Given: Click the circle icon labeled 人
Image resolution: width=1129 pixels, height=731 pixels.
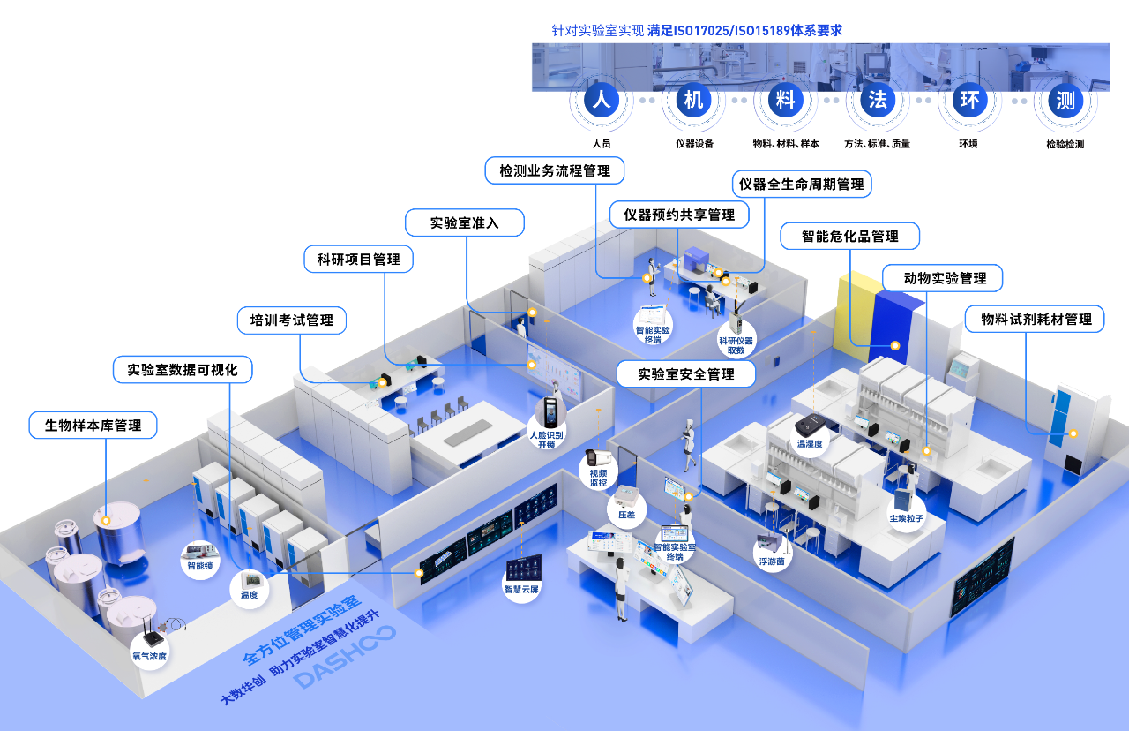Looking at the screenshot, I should click(602, 100).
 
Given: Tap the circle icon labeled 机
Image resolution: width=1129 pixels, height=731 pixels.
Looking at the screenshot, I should click(694, 100).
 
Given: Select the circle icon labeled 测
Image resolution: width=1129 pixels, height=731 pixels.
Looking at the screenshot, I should click(1065, 100).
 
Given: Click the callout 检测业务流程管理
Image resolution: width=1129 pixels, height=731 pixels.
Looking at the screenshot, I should click(555, 170).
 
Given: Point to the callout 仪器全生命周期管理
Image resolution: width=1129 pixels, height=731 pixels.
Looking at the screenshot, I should click(802, 185).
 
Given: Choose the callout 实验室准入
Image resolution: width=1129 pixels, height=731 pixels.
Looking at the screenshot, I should click(465, 222).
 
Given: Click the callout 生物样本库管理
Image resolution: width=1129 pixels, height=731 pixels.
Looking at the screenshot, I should click(93, 426).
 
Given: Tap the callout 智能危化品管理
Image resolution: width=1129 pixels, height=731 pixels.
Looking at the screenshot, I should click(850, 236).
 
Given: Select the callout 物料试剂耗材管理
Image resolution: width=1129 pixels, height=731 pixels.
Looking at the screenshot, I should click(1036, 319).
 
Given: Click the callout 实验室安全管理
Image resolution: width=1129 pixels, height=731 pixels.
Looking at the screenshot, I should click(686, 373).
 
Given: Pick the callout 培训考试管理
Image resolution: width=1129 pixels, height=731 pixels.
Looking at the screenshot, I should click(292, 320).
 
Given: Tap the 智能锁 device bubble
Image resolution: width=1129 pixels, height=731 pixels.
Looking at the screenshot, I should click(200, 559).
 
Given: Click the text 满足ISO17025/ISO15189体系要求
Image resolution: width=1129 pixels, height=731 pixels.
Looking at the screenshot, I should click(744, 31).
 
